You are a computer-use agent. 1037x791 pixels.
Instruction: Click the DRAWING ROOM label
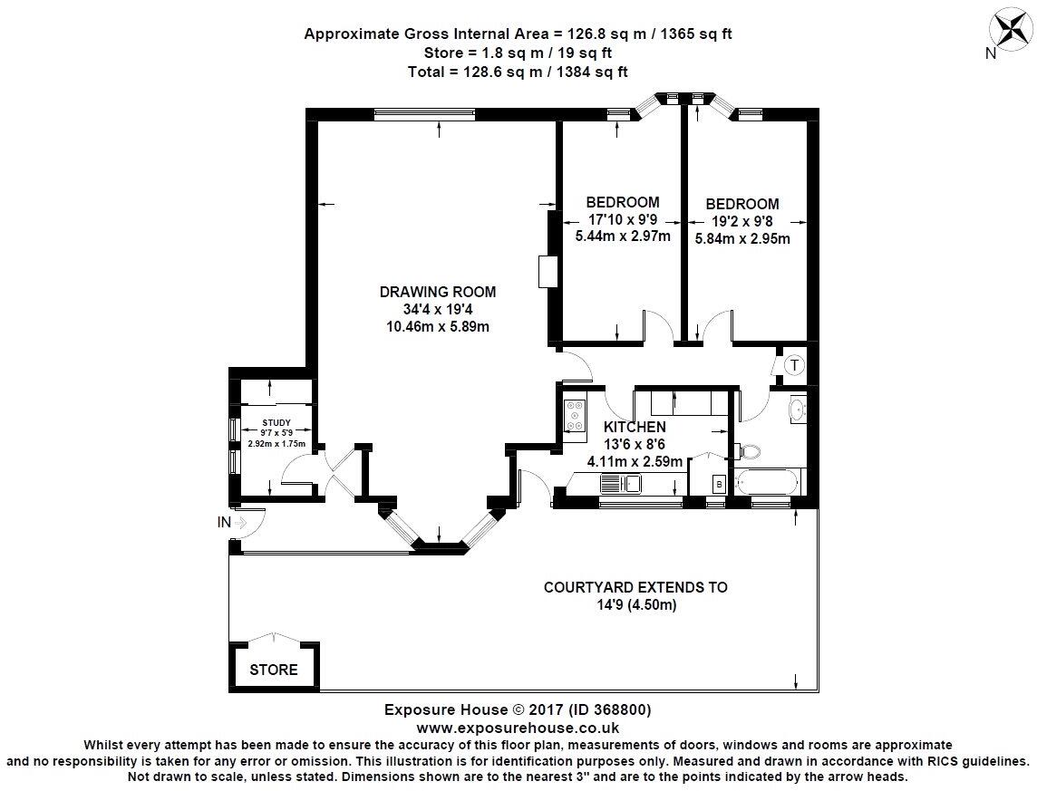438,292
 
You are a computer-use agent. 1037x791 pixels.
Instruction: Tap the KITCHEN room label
635,427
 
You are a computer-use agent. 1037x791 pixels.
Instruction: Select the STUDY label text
276,421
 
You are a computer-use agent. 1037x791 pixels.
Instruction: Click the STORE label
274,670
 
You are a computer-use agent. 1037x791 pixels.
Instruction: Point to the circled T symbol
794,366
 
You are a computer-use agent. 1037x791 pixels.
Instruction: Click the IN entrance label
223,522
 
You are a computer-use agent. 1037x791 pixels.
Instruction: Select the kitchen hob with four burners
576,415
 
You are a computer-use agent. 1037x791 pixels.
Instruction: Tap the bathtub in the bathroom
769,481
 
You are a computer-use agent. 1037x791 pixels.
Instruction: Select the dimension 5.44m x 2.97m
623,236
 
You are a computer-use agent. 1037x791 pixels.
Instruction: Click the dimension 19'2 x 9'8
742,221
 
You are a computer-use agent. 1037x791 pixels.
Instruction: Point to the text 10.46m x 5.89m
438,326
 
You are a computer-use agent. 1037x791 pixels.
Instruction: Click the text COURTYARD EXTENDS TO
635,587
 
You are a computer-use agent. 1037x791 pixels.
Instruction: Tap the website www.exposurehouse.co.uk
518,727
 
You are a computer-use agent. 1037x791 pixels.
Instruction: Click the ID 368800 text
613,709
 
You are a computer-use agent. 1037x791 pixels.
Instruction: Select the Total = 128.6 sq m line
518,70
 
